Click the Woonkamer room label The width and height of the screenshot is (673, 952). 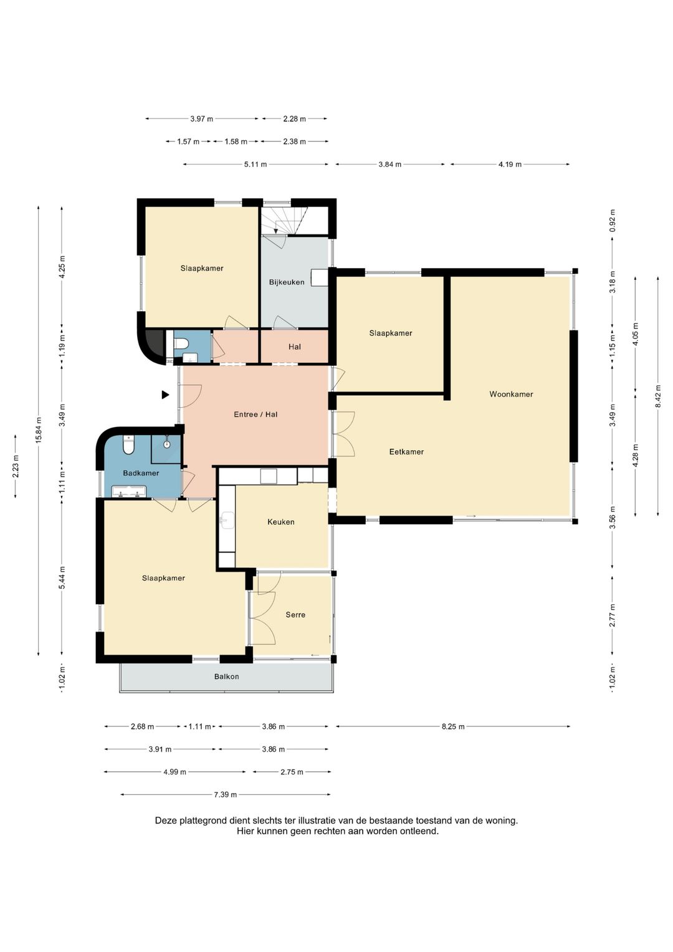[511, 394]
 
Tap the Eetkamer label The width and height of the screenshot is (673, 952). [406, 452]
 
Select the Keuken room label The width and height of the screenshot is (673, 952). [281, 522]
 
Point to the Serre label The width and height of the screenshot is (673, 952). [295, 615]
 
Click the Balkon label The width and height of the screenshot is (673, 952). [226, 676]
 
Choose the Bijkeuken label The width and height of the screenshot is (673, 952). [287, 282]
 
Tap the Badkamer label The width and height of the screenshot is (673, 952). [141, 473]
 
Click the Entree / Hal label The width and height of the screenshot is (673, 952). [255, 415]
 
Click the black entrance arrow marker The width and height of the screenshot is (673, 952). [165, 395]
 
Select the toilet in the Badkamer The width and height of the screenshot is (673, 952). [128, 445]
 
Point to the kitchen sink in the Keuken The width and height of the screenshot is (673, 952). [227, 520]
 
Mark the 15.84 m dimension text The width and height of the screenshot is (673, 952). [39, 431]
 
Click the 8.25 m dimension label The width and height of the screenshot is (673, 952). [454, 726]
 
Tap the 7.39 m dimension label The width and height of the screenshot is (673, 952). [225, 794]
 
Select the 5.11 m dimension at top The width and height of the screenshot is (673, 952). [255, 165]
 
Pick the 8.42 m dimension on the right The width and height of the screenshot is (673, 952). [658, 396]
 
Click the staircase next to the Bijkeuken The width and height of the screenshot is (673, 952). [279, 220]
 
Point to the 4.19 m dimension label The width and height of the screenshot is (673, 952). [510, 165]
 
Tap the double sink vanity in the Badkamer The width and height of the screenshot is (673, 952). [129, 492]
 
